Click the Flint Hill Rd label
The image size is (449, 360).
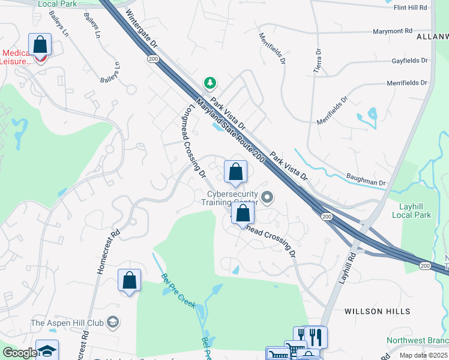410,7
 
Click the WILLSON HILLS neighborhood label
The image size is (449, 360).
378,311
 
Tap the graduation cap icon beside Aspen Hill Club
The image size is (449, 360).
112,323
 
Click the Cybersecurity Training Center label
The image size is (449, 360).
232,198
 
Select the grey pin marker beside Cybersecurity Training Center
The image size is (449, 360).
268,196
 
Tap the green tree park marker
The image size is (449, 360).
209,82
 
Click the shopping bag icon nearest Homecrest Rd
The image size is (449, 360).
129,280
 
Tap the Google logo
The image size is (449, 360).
20,353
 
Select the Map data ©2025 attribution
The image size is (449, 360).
423,355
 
